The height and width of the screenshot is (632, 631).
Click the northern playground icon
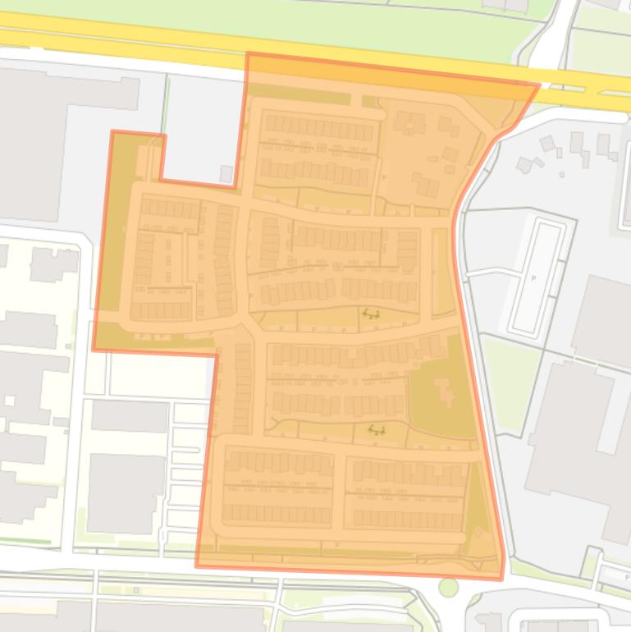pos(372,313)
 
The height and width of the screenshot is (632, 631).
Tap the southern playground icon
pos(377,429)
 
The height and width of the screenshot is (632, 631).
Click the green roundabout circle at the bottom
pos(448,587)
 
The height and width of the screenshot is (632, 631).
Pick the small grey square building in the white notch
pos(226,173)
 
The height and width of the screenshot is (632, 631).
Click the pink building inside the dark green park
pos(444,391)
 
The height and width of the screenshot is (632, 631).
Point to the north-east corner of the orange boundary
pos(539,84)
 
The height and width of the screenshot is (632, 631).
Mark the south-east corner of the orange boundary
pos(501,579)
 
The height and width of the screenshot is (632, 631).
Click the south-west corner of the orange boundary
pos(196,566)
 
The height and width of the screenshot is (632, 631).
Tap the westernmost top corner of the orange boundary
pos(112,131)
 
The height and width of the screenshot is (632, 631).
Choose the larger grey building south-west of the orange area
pos(127,492)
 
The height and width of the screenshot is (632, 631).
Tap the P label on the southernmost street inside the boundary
pos(337,545)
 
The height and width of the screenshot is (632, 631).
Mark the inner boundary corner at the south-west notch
pos(217,355)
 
